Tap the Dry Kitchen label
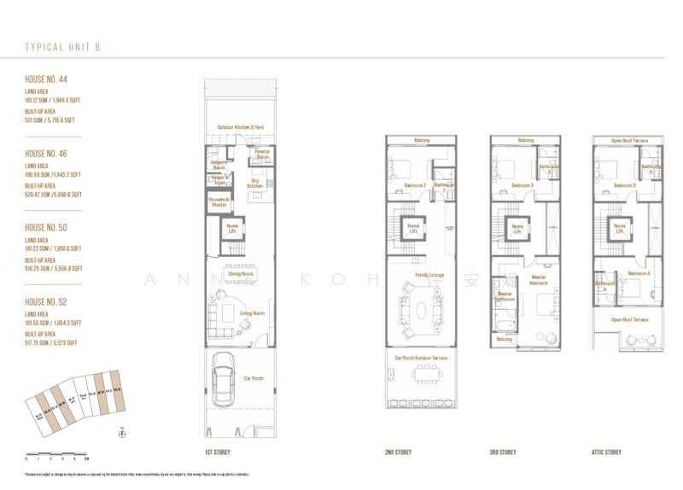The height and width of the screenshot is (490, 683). pos(254,183)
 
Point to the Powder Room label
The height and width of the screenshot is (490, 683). pos(262,155)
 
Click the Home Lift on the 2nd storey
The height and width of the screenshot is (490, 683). pos(412,228)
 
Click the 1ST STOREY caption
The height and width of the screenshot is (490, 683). pos(218,452)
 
